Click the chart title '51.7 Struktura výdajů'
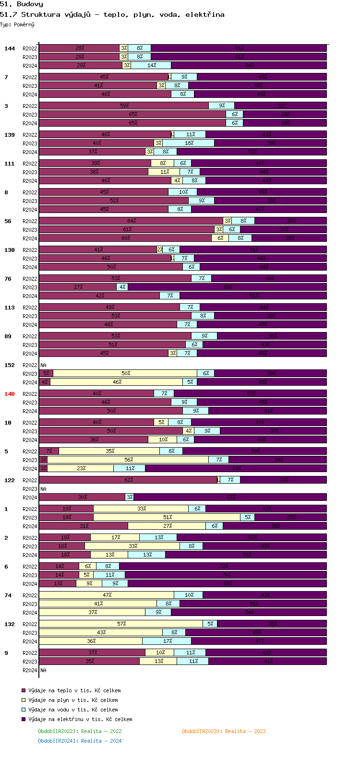click(x=112, y=14)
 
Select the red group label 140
click(x=10, y=394)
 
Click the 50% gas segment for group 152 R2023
click(x=125, y=373)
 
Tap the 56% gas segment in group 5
click(x=128, y=460)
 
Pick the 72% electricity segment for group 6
click(x=223, y=566)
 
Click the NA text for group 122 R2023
click(x=43, y=489)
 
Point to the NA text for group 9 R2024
click(x=43, y=670)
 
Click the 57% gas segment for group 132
click(x=121, y=624)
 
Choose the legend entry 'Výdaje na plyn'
click(x=72, y=700)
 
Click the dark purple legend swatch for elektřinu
click(x=23, y=719)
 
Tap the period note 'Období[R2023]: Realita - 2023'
click(x=224, y=731)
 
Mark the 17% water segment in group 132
click(x=167, y=641)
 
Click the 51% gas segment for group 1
click(x=167, y=517)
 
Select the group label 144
click(x=10, y=48)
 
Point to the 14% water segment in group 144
click(x=151, y=65)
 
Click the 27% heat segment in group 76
click(x=78, y=287)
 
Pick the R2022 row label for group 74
click(x=30, y=595)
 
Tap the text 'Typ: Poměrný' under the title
click(x=17, y=24)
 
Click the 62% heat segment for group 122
click(x=128, y=480)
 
